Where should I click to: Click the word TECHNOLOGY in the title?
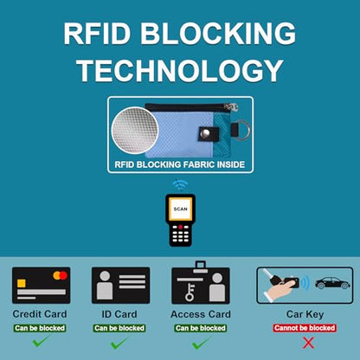[180, 70]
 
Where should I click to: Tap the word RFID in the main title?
[97, 33]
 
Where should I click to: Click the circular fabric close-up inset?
[135, 130]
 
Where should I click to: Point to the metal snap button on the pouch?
[206, 133]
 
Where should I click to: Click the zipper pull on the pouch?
[234, 107]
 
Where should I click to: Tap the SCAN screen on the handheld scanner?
[180, 209]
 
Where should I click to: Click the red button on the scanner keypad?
[181, 227]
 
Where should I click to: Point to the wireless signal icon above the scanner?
[180, 184]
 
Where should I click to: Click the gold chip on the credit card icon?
[22, 283]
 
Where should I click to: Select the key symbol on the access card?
[190, 292]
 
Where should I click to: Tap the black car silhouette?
[332, 283]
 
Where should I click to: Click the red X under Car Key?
[308, 343]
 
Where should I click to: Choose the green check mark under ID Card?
[119, 343]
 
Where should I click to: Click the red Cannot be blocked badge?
[305, 328]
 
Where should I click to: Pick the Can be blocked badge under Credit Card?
[40, 328]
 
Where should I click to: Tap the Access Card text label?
[201, 314]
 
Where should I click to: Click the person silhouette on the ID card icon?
[105, 285]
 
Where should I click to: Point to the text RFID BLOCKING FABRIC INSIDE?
[180, 164]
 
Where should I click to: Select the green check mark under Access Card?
[201, 343]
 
